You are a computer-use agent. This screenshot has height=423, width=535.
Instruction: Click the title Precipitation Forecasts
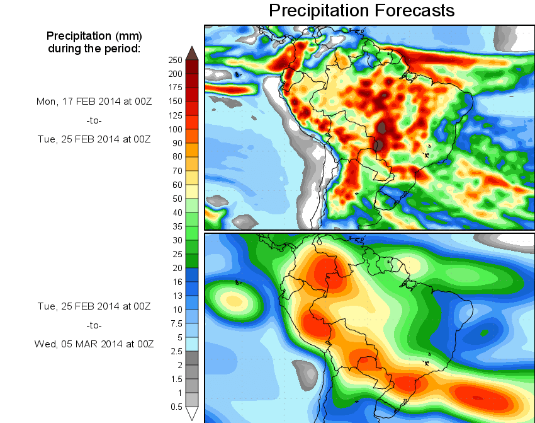361,10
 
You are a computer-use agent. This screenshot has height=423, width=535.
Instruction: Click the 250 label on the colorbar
175,60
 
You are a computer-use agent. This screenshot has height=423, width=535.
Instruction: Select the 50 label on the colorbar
177,199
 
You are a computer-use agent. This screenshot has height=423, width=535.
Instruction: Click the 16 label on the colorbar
177,282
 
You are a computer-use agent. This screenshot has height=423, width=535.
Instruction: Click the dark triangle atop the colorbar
193,53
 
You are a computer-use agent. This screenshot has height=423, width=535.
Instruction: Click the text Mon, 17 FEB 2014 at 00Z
94,101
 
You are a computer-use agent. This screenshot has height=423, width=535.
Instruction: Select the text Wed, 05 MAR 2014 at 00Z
94,344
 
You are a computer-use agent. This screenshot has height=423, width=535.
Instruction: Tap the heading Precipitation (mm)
94,35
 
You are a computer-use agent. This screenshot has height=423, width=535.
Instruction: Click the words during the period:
94,48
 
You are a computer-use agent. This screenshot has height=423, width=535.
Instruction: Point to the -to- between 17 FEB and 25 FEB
93,120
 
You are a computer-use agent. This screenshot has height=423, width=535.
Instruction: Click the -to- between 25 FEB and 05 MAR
93,325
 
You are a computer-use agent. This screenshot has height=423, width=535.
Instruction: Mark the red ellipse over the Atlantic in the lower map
478,397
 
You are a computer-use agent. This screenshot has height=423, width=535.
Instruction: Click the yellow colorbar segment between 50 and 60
193,191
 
